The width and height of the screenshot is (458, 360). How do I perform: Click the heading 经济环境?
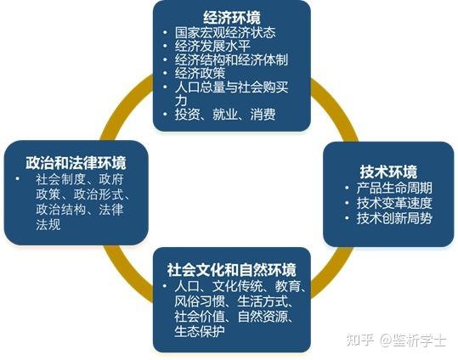[232, 17]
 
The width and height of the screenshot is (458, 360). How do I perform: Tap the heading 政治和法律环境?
[76, 163]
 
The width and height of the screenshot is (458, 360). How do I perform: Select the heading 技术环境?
[388, 172]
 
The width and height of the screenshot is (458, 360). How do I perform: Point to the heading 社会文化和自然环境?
[232, 270]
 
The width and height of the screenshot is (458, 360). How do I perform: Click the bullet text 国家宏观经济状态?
[225, 32]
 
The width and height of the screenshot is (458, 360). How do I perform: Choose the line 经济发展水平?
[212, 46]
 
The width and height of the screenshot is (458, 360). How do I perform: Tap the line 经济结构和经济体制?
[232, 59]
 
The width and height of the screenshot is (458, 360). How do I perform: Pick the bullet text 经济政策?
[200, 73]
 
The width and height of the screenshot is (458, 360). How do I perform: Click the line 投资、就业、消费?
[225, 114]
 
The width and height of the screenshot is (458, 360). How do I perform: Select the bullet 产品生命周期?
[394, 188]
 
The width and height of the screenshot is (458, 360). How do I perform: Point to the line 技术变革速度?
[394, 203]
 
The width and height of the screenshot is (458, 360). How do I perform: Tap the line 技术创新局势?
[394, 218]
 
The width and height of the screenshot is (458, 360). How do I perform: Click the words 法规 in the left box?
[48, 224]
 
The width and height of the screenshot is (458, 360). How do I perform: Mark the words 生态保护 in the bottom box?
[200, 331]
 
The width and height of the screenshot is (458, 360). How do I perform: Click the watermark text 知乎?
[360, 340]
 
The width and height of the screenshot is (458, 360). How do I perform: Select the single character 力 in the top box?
[181, 100]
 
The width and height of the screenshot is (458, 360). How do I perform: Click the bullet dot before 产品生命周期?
[347, 188]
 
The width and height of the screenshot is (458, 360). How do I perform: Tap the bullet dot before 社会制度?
[18, 178]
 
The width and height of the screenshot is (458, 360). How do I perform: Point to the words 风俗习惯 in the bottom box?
[200, 301]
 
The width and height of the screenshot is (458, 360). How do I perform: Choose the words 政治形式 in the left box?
[99, 194]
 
